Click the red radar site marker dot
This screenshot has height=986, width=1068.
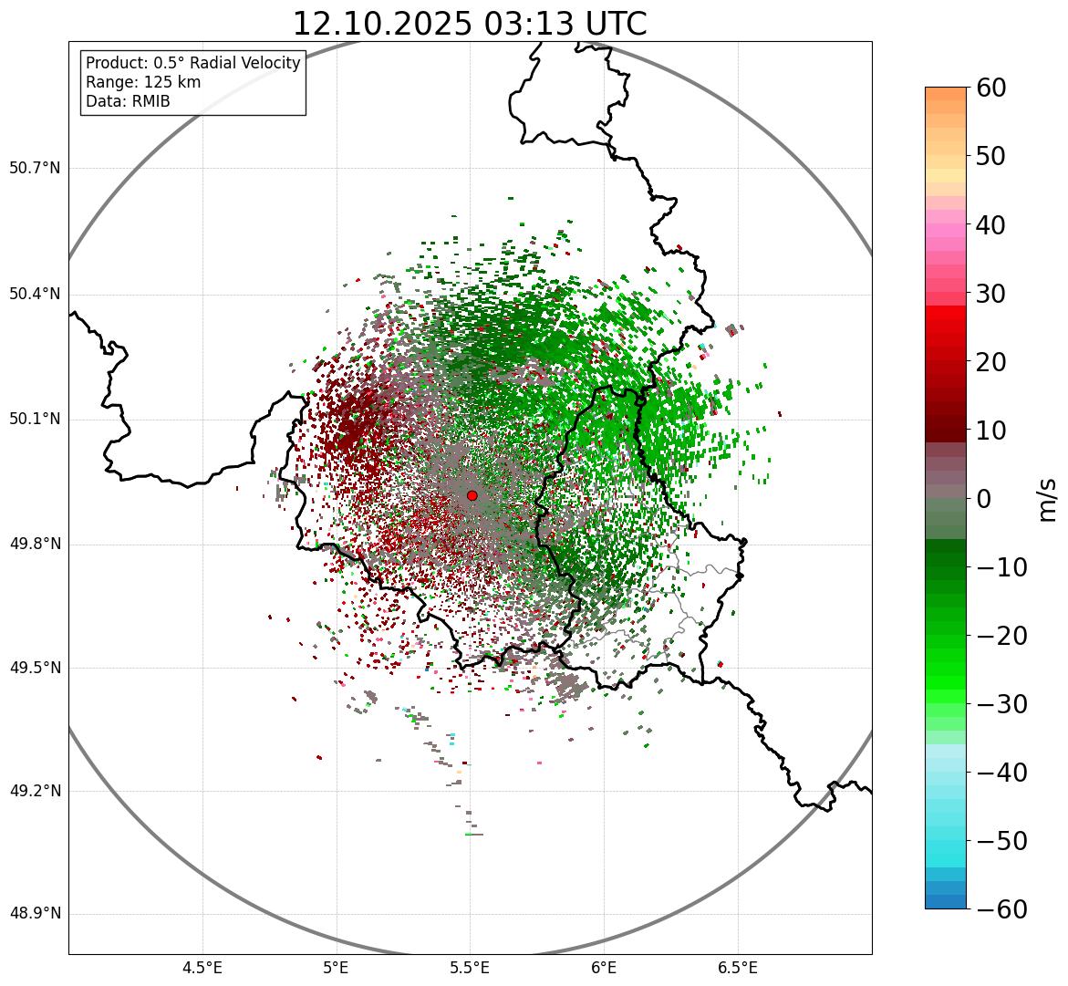point(472,495)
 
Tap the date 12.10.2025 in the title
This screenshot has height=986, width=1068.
point(382,24)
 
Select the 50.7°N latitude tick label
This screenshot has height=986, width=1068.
point(35,169)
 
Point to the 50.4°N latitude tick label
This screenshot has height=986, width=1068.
point(35,295)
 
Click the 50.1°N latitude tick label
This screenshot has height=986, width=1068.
point(35,420)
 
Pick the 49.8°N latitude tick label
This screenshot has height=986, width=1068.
point(35,545)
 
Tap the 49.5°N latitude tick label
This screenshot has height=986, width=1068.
point(35,668)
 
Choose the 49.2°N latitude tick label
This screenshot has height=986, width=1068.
point(35,791)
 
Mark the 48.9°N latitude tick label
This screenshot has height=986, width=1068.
point(35,914)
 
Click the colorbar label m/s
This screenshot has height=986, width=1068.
point(1046,498)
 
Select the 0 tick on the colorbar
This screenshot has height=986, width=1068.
point(984,499)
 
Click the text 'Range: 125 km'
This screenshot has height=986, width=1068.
point(143,82)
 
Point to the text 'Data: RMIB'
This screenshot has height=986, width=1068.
point(128,101)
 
